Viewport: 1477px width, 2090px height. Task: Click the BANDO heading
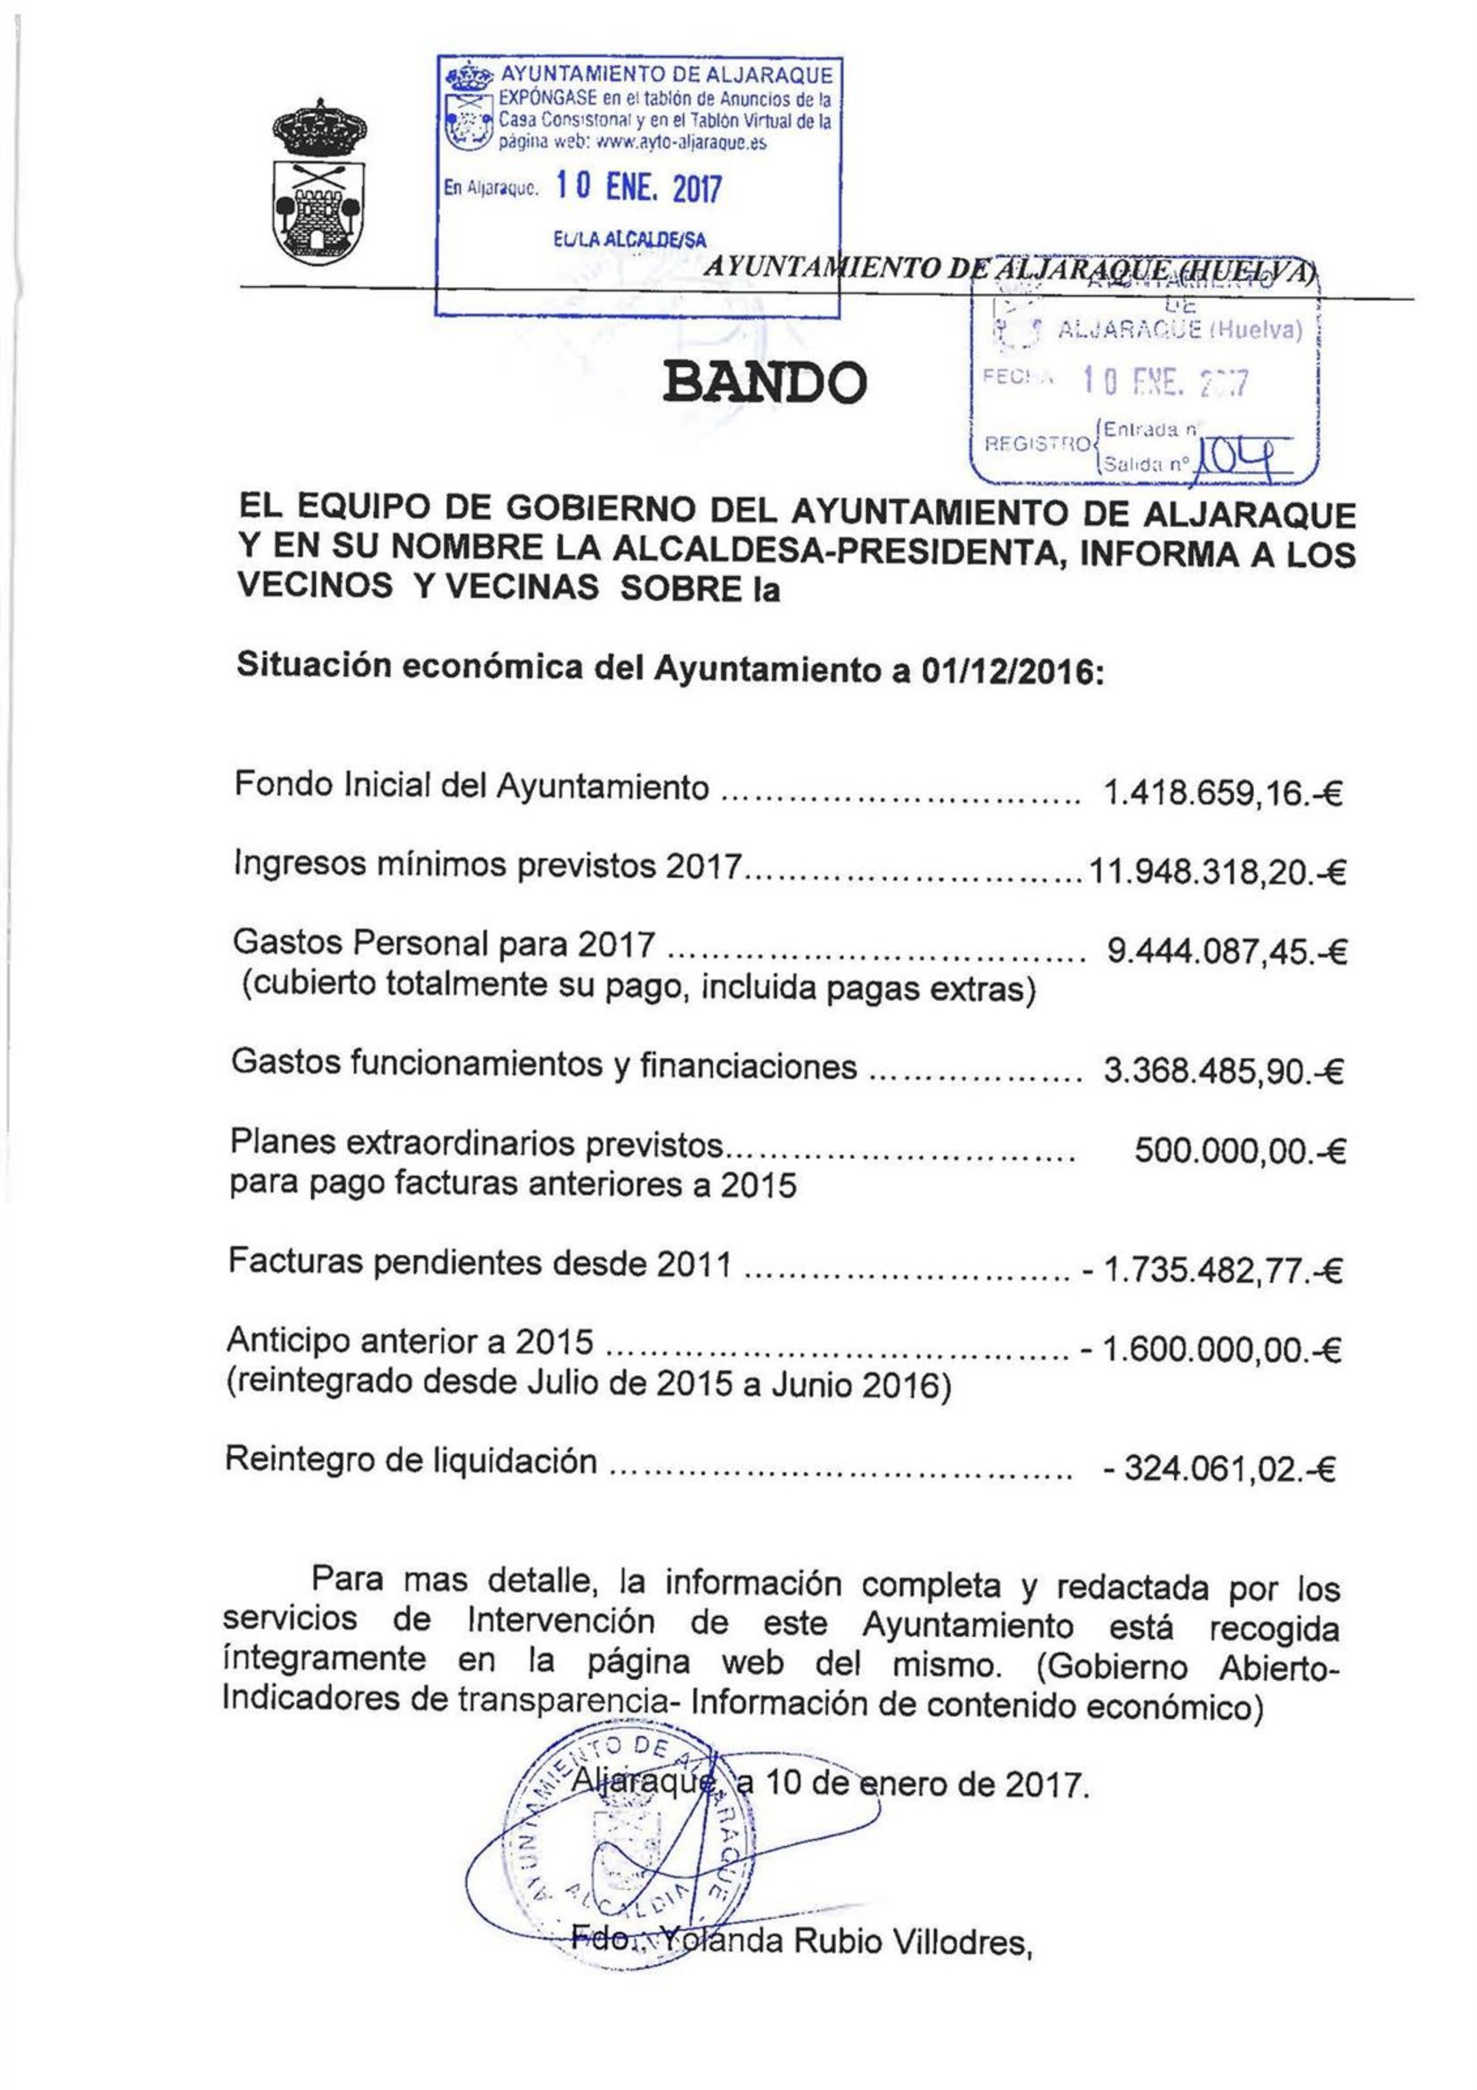pos(765,382)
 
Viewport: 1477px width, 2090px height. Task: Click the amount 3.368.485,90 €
pos(1223,1071)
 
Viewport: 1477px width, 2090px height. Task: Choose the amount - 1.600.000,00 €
pos(1210,1349)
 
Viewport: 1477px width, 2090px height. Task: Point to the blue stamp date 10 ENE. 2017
pos(638,188)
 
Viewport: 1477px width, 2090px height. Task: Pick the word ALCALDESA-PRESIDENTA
pos(836,552)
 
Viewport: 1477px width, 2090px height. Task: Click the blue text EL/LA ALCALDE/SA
pos(630,239)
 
